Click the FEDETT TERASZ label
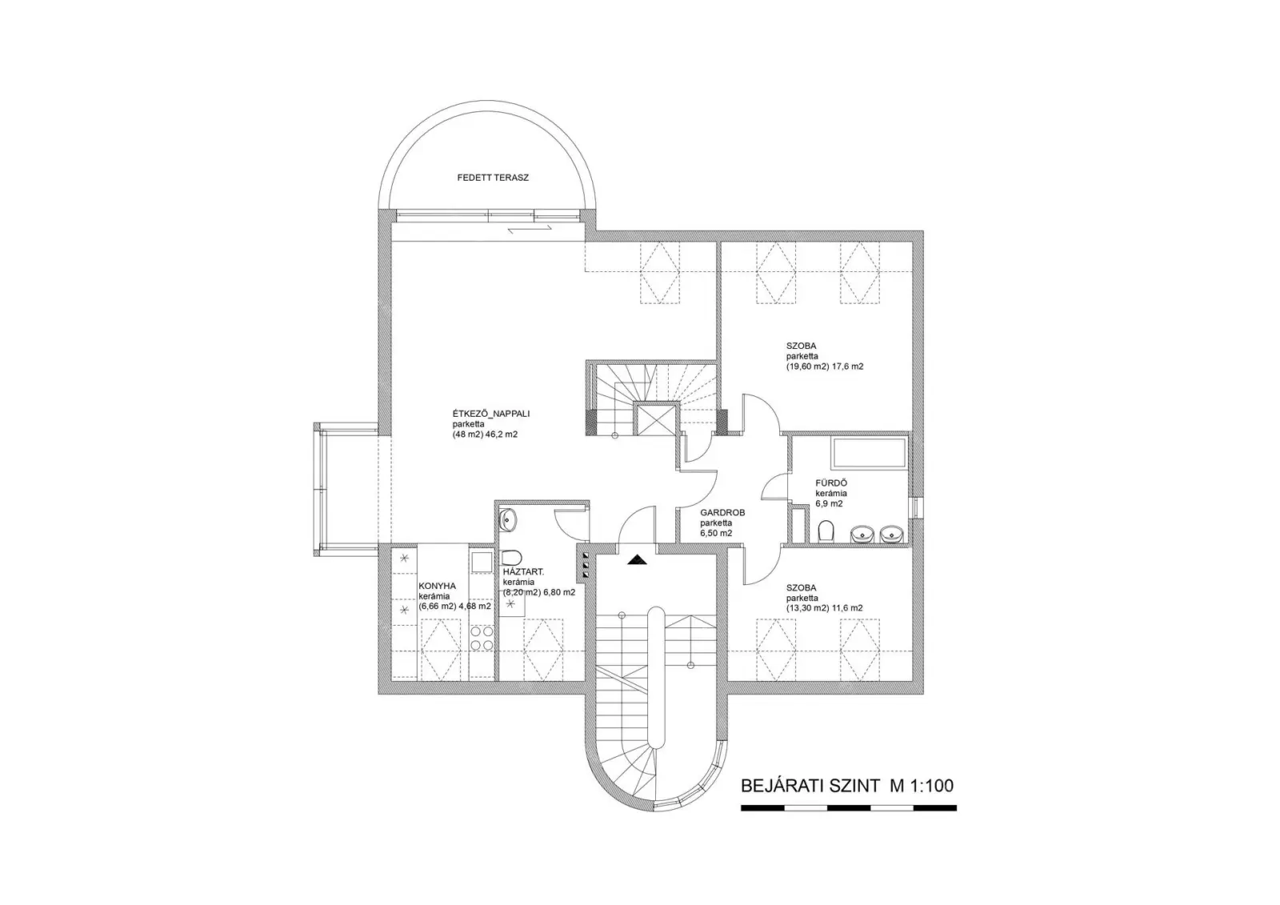click(493, 178)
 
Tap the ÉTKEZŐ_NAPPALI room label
click(491, 414)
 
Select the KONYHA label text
click(437, 586)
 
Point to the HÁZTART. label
click(523, 571)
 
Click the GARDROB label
click(722, 513)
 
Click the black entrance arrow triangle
click(637, 560)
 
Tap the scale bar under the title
click(849, 808)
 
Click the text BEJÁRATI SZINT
click(810, 786)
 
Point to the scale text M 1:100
click(921, 786)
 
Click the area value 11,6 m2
click(847, 608)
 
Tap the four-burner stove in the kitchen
click(482, 638)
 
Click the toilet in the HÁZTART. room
click(511, 557)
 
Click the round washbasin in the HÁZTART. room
click(508, 520)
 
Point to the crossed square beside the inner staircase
click(655, 420)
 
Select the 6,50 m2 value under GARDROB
click(716, 534)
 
